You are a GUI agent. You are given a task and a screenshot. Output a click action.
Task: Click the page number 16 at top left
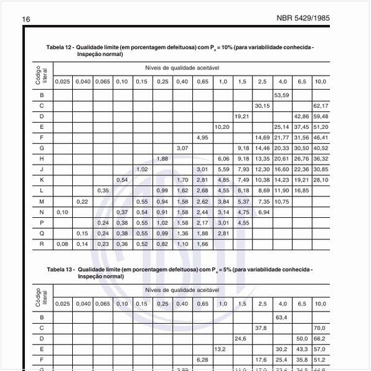point(27,19)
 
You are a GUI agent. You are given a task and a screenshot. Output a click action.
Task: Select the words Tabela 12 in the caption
point(59,47)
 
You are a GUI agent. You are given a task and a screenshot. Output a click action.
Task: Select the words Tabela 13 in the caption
point(59,269)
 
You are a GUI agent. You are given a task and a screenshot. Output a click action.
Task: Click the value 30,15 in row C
point(262,106)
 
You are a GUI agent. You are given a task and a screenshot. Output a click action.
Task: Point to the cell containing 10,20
point(221,127)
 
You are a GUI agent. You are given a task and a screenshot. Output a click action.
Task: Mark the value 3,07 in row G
point(181,148)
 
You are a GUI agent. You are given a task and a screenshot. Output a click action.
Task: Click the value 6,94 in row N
point(262,212)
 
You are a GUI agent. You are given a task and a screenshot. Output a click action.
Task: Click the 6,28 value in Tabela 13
point(201,360)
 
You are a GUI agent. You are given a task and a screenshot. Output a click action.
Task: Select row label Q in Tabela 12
point(42,233)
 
